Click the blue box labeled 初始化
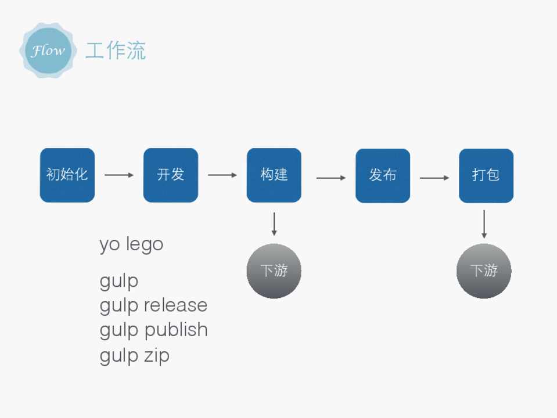tap(67, 175)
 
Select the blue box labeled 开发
tap(171, 175)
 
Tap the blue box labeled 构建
tap(274, 175)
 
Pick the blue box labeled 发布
tap(383, 175)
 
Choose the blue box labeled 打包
tap(486, 175)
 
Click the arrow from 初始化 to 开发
tap(119, 175)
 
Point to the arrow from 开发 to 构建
tap(222, 175)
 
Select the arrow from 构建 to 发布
tap(330, 177)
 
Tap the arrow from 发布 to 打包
tap(434, 178)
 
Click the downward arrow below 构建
tap(274, 224)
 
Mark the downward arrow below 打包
tap(484, 224)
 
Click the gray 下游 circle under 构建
tap(274, 271)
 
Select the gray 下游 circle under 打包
tap(484, 271)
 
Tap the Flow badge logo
tap(48, 51)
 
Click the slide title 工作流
tap(116, 51)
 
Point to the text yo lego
tap(131, 244)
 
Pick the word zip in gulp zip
tap(157, 355)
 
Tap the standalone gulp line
tap(119, 282)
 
